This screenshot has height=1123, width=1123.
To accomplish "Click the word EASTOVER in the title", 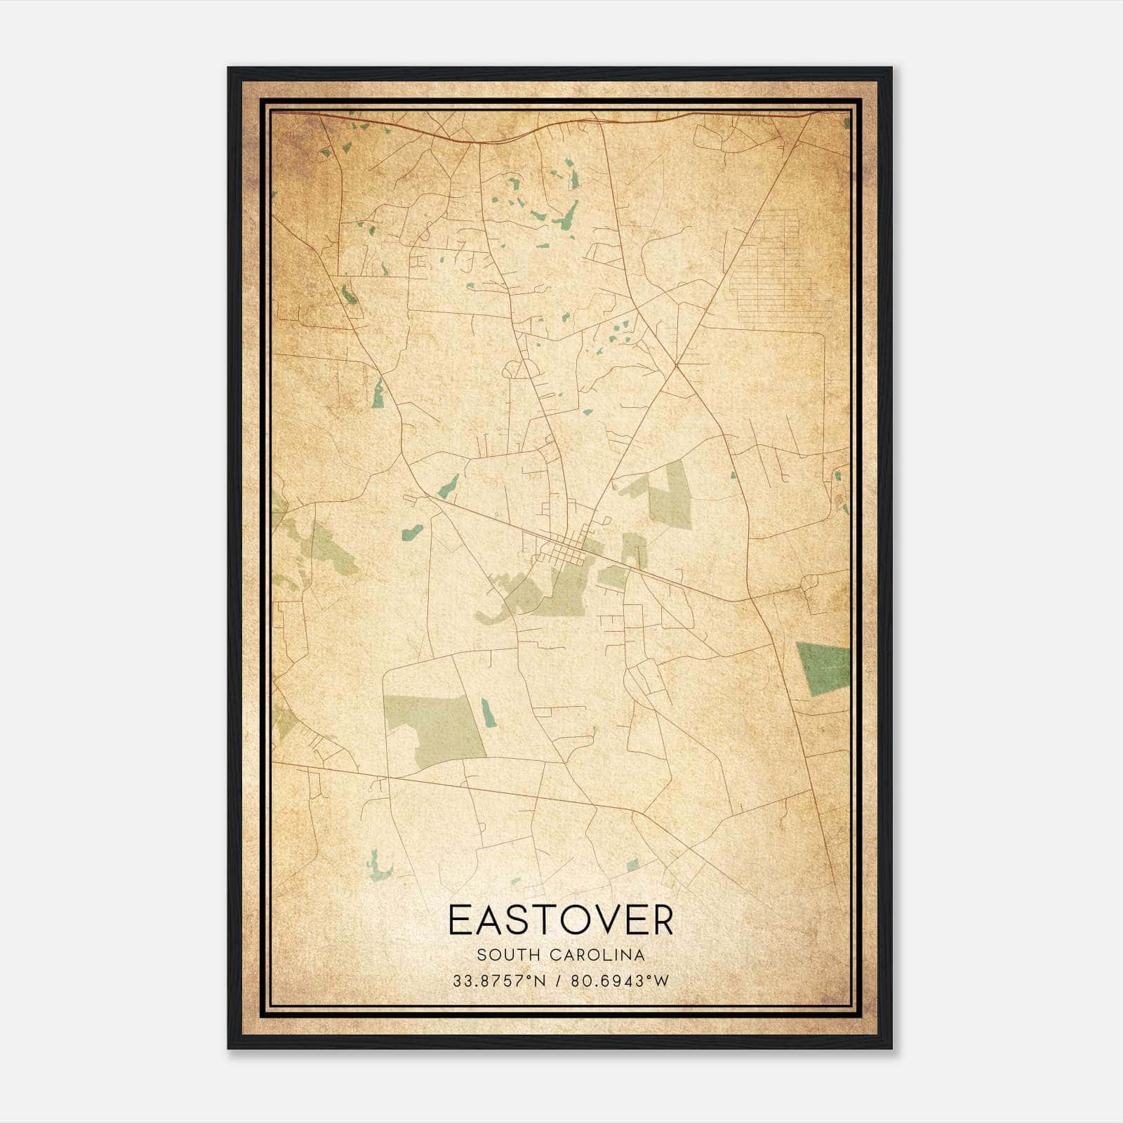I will click(560, 920).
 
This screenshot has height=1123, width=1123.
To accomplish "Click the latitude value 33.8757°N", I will click(499, 981).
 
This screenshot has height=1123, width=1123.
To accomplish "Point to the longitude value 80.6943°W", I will click(620, 981).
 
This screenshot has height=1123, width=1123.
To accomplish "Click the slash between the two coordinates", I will click(558, 981).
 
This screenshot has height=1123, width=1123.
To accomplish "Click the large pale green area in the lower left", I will click(435, 730).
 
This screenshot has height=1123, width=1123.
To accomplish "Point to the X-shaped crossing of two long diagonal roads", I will click(676, 365).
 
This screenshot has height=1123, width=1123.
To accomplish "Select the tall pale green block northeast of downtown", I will click(670, 495).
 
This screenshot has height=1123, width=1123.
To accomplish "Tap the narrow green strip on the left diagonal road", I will click(379, 393).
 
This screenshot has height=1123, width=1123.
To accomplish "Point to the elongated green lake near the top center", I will click(566, 216).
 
